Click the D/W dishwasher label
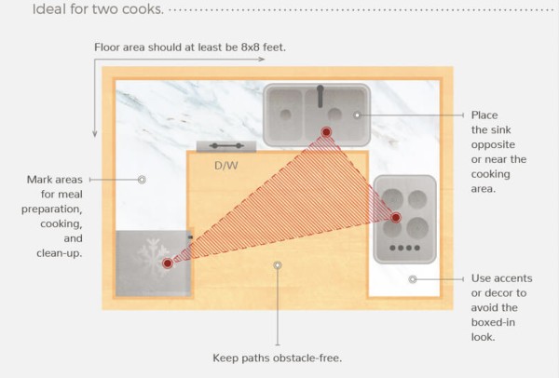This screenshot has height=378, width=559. (x=226, y=166)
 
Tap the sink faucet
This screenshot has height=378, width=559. (x=320, y=96)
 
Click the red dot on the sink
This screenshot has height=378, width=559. (x=326, y=132)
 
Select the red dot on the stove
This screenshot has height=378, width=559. (x=396, y=217)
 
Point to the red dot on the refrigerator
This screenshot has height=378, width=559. (x=168, y=263)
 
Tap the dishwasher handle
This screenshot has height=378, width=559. (x=226, y=146)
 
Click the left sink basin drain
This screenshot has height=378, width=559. (x=286, y=115)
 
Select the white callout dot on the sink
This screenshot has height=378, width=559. (x=357, y=115)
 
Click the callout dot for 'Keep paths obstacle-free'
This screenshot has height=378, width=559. (x=278, y=265)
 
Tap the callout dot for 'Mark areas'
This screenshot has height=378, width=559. (x=142, y=180)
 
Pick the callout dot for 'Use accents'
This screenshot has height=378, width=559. (x=413, y=279)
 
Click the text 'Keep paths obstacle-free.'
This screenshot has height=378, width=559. (x=278, y=358)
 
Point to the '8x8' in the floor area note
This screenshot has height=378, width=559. (x=250, y=47)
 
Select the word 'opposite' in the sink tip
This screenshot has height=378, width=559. (x=493, y=145)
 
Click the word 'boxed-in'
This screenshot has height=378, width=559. (x=493, y=322)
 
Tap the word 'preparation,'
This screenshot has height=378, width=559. (x=51, y=209)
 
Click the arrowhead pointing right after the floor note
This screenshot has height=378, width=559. (x=262, y=60)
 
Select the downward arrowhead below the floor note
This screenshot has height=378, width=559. (x=95, y=134)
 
